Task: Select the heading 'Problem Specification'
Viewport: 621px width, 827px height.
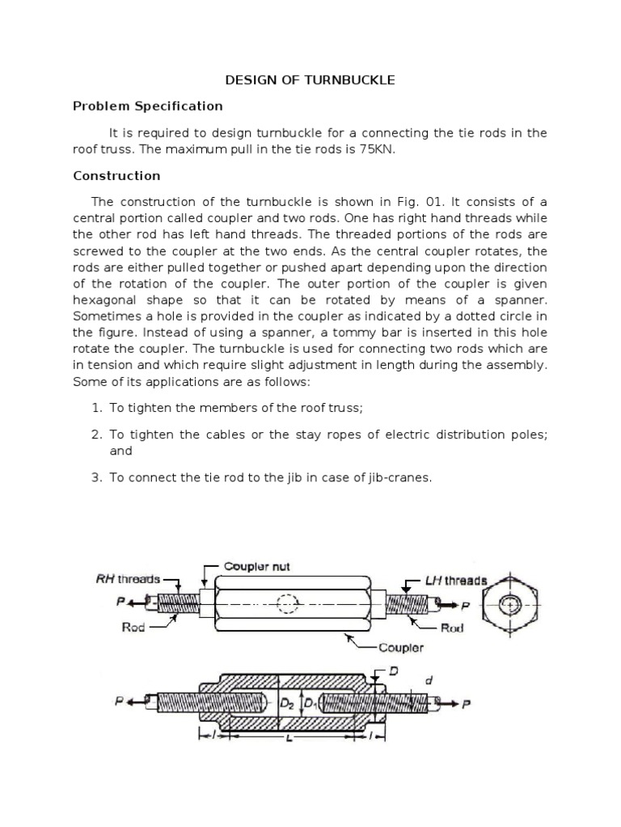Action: [x=147, y=106]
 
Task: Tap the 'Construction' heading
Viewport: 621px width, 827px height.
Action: [x=116, y=175]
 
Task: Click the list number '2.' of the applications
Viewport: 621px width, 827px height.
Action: [x=95, y=434]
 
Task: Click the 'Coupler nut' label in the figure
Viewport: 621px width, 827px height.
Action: [x=256, y=567]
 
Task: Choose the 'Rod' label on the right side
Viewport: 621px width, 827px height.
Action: [x=451, y=628]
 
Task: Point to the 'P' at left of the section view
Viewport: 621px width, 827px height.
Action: [x=119, y=701]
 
